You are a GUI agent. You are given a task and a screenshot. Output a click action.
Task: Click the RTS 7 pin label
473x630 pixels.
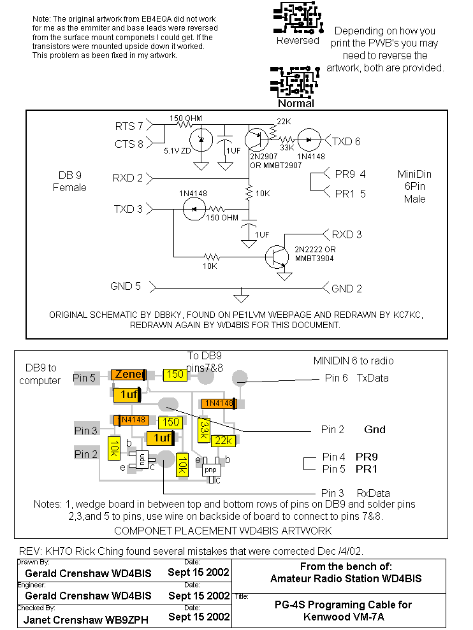[129, 125]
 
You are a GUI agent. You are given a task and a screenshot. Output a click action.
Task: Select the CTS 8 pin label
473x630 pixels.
[129, 144]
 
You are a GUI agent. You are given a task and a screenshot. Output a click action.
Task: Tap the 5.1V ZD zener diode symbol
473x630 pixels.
[202, 140]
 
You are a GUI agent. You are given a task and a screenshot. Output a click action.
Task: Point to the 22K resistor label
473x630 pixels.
[282, 122]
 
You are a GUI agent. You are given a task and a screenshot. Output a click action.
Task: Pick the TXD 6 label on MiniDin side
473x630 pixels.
[346, 141]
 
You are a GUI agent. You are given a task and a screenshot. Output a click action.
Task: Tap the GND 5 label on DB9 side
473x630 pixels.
[125, 287]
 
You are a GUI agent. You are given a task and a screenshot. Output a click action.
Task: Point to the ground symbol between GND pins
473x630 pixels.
[241, 297]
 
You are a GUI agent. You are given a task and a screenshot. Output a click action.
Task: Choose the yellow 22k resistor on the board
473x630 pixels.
[222, 440]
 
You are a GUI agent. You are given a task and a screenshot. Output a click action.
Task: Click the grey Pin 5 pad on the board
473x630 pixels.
[85, 378]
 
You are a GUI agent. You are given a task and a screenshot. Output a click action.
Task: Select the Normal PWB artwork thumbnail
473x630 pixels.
[295, 81]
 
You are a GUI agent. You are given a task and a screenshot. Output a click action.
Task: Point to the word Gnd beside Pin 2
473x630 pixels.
[375, 429]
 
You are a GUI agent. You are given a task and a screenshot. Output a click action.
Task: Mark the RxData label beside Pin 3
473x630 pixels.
[373, 493]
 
